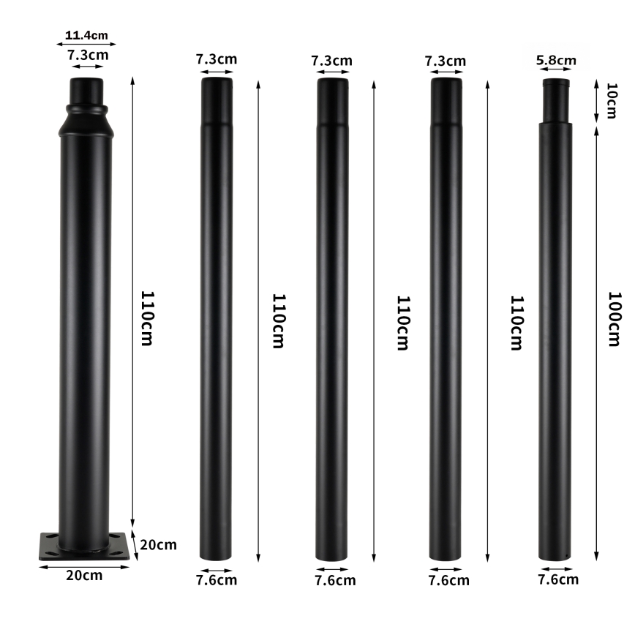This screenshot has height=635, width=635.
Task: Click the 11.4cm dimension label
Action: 86,34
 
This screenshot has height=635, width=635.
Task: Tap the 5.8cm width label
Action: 556,61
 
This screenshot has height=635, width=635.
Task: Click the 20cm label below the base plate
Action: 84,575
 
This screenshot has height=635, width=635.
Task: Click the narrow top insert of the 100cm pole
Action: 555,100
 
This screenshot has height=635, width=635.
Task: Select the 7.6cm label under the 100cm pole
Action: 558,579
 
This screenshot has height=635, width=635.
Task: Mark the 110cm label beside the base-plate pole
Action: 146,318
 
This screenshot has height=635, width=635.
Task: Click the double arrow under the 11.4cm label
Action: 86,43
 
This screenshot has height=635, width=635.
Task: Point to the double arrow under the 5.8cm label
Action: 556,70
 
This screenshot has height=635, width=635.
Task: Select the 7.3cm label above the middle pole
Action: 332,60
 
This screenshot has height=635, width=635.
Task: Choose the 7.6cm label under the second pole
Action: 217,580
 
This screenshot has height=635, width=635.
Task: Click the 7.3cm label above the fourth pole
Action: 446,61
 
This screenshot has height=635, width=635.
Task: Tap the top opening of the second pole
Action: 217,80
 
